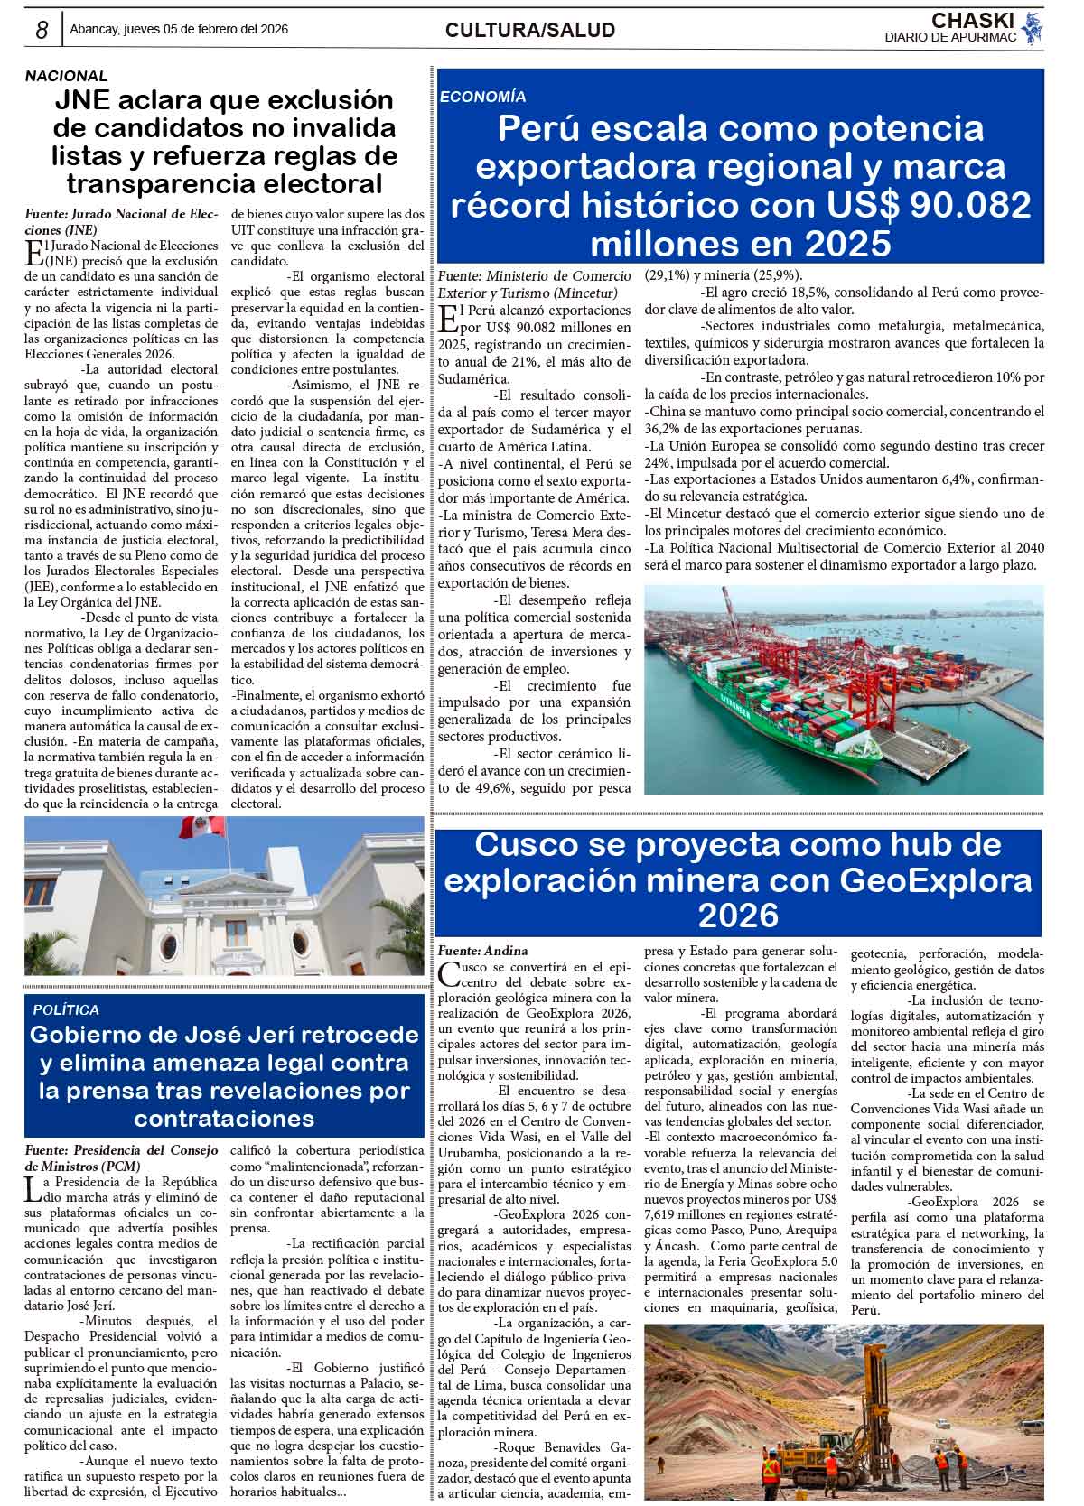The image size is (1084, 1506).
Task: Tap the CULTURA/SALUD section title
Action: pyautogui.click(x=530, y=30)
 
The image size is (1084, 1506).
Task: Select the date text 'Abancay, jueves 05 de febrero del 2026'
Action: pyautogui.click(x=179, y=29)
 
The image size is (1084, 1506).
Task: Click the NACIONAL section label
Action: pyautogui.click(x=66, y=77)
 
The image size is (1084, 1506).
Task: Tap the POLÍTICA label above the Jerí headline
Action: pyautogui.click(x=66, y=1009)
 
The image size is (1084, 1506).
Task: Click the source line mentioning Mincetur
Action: pyautogui.click(x=534, y=284)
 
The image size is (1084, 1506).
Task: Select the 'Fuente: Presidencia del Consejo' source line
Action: pyautogui.click(x=121, y=1149)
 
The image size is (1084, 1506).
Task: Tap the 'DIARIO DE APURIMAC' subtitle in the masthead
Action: pyautogui.click(x=950, y=37)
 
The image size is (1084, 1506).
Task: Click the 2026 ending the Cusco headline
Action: pyautogui.click(x=738, y=916)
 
